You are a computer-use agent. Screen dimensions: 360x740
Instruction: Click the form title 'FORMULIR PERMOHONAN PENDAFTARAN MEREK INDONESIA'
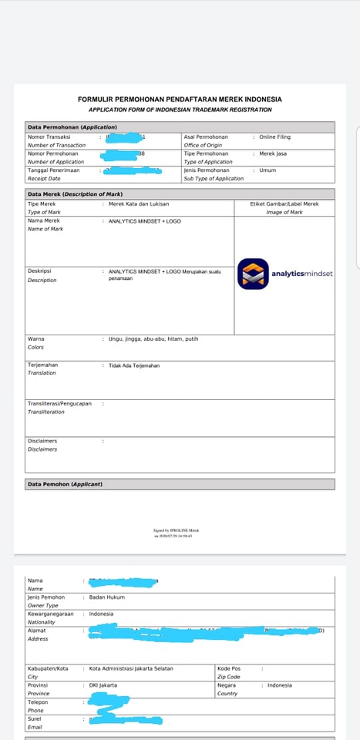tap(180, 99)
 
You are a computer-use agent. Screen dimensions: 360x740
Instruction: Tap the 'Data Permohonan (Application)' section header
tap(72, 126)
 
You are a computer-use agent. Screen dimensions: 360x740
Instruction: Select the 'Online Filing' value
tap(274, 137)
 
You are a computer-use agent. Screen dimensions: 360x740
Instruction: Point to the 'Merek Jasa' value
tap(273, 153)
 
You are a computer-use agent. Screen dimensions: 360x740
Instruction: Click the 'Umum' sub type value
tap(267, 170)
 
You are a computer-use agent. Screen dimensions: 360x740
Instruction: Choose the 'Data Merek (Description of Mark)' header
tap(75, 194)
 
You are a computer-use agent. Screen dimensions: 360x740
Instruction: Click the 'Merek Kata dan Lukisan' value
tap(139, 203)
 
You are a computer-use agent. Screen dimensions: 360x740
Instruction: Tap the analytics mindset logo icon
tap(252, 273)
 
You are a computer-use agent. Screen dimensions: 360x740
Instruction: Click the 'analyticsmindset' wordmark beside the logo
tap(301, 274)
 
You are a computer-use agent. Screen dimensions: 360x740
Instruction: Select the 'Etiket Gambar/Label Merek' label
tap(284, 203)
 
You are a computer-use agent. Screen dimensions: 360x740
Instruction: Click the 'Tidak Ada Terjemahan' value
tap(134, 365)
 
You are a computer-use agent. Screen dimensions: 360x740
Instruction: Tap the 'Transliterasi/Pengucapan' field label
tap(59, 403)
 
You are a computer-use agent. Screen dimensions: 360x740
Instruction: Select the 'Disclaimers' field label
tap(42, 441)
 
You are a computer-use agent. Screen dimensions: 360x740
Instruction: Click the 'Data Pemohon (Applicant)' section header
tap(65, 484)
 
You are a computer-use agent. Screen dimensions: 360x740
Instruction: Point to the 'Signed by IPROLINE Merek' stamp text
tap(177, 530)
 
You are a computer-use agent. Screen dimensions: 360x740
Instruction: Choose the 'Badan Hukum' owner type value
tap(106, 597)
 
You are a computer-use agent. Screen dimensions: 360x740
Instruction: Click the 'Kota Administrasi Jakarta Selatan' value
tap(131, 668)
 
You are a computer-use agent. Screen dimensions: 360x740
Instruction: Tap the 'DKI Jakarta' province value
tap(103, 685)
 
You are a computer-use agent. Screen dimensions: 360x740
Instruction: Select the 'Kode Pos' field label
tap(229, 668)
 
